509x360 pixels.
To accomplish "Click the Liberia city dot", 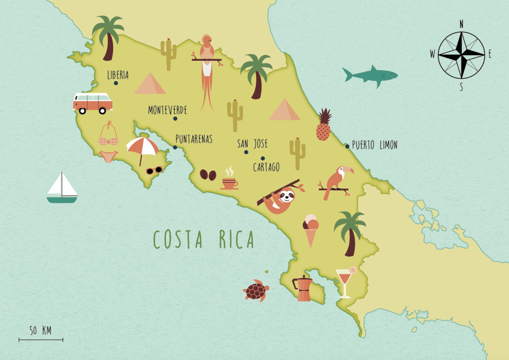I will [x=116, y=83].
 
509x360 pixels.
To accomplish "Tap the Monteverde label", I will [x=167, y=110].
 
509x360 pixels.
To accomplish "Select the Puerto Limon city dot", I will [x=347, y=147].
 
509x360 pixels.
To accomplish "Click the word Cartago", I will [x=266, y=167].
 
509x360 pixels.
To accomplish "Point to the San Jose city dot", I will [x=246, y=152].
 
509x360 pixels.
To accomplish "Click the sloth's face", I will [x=286, y=196].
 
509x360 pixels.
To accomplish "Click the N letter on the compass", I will [x=461, y=24].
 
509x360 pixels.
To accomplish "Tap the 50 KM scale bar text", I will [x=40, y=330].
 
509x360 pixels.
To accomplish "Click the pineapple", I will [x=323, y=127].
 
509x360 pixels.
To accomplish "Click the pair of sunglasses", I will [x=154, y=170].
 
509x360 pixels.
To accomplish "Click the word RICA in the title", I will [x=237, y=239].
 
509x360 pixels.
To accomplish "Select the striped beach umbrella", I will [x=142, y=146].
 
